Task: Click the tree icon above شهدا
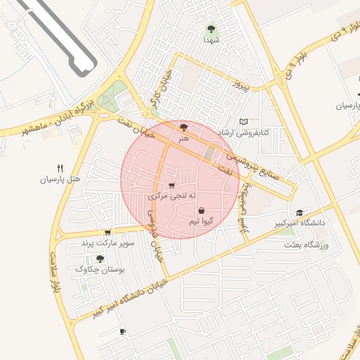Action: [211, 29]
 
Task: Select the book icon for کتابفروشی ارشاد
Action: [244, 122]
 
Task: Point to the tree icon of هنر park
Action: [184, 127]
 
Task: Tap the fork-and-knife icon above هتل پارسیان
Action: [60, 168]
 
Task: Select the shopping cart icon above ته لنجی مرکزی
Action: [172, 186]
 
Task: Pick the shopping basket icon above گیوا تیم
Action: [201, 210]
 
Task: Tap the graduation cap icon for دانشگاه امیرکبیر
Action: [300, 212]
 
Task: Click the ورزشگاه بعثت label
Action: [307, 245]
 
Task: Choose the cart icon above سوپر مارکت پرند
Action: [107, 232]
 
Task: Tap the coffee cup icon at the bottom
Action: [122, 331]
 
